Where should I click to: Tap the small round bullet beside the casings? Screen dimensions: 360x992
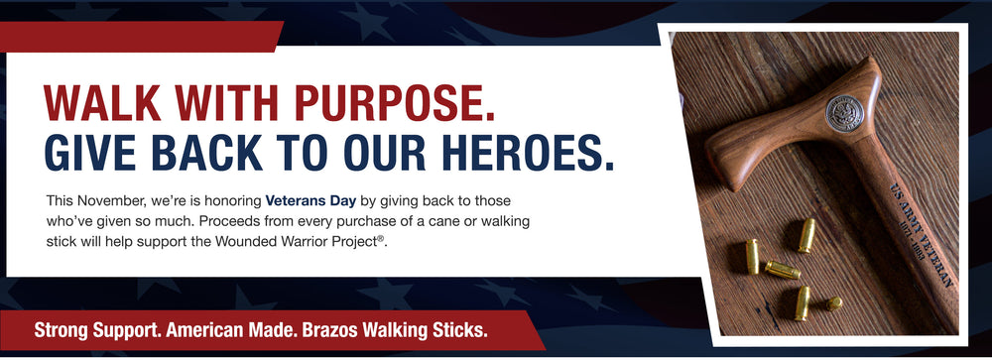click(835, 303)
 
